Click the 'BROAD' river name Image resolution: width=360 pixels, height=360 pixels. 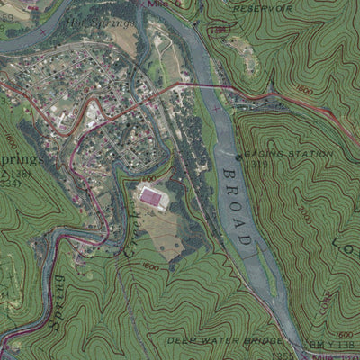click(x=236, y=204)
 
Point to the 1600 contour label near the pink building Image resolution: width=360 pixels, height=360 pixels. click(x=150, y=267)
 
